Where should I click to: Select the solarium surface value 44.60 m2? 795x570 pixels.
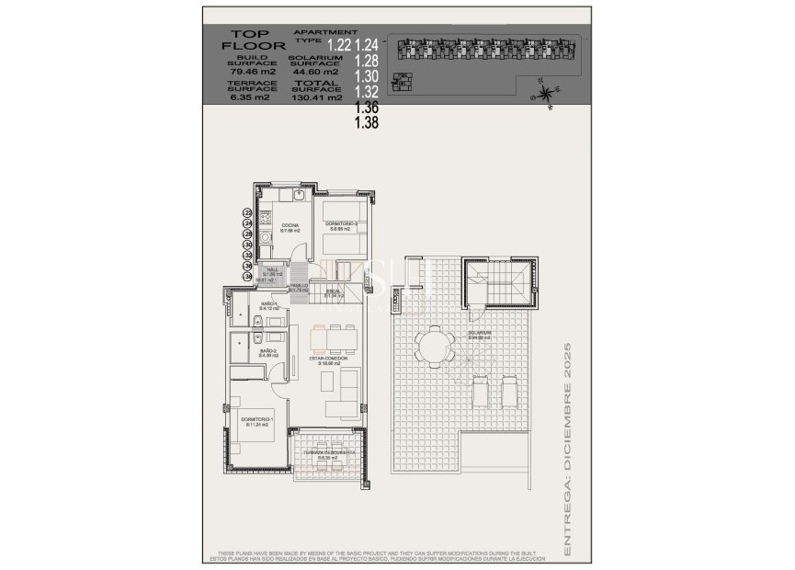313,71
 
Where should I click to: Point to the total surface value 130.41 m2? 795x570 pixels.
317,97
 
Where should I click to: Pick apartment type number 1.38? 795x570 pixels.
366,120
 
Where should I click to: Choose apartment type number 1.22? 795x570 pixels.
340,43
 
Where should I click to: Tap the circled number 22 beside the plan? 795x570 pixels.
247,212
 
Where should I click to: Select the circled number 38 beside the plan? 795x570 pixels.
247,275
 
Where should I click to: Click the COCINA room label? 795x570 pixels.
290,226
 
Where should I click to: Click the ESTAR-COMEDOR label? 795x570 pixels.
329,360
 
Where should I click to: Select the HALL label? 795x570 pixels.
272,270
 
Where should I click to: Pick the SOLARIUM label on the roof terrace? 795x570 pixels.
479,335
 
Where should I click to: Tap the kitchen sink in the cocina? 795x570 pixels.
299,196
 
